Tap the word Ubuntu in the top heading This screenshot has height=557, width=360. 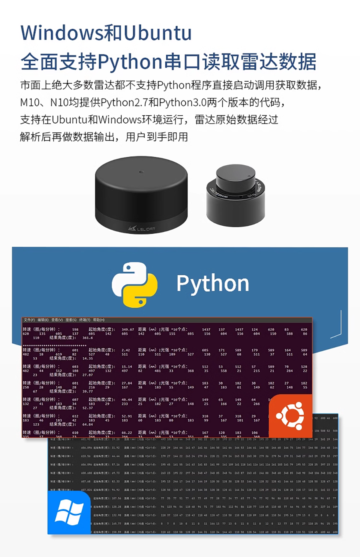tap(158, 33)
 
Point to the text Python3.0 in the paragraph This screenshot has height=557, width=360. tap(182, 102)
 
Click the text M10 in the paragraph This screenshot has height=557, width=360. tap(29, 102)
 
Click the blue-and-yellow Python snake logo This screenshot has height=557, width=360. tap(134, 285)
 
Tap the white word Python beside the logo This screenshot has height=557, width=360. tap(213, 284)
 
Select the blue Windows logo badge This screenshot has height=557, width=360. tap(69, 513)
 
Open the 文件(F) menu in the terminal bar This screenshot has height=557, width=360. tap(29, 320)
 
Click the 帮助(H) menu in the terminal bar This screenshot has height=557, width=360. tap(99, 320)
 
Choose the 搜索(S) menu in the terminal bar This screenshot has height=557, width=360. tap(71, 320)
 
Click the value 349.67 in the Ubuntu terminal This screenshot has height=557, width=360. tap(128, 330)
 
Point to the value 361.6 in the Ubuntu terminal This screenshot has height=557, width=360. tap(88, 338)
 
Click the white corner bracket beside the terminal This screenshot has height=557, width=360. tap(338, 324)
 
